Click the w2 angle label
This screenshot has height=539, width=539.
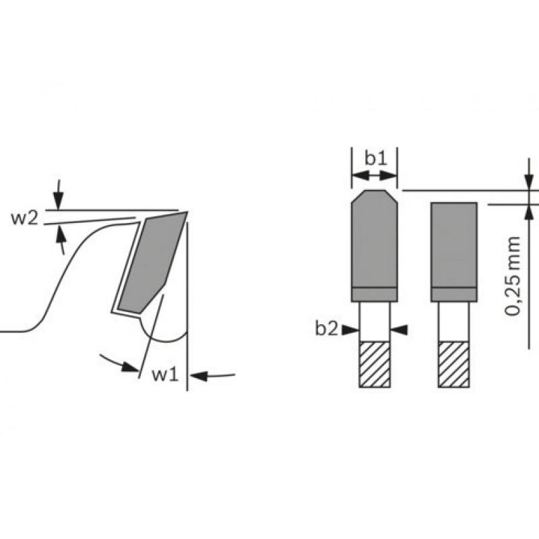click(24, 218)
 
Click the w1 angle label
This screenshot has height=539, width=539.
click(166, 375)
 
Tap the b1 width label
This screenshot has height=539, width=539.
click(375, 158)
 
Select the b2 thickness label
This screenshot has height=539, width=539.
click(327, 329)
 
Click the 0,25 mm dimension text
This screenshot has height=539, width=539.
click(513, 276)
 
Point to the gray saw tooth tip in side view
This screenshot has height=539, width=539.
click(152, 262)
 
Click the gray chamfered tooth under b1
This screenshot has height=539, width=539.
click(375, 246)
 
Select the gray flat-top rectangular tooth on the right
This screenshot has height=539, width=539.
click(453, 252)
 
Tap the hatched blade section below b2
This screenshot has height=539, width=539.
click(375, 364)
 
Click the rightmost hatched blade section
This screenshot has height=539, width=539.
click(453, 364)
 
